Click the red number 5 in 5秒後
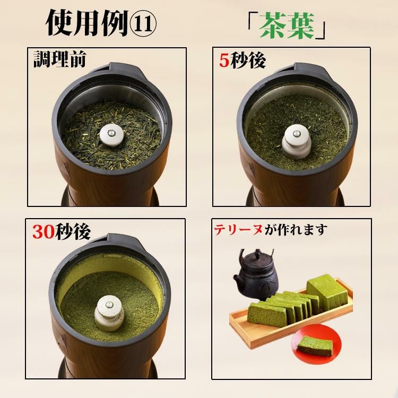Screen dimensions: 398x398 [224, 61]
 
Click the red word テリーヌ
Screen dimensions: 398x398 [235, 230]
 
